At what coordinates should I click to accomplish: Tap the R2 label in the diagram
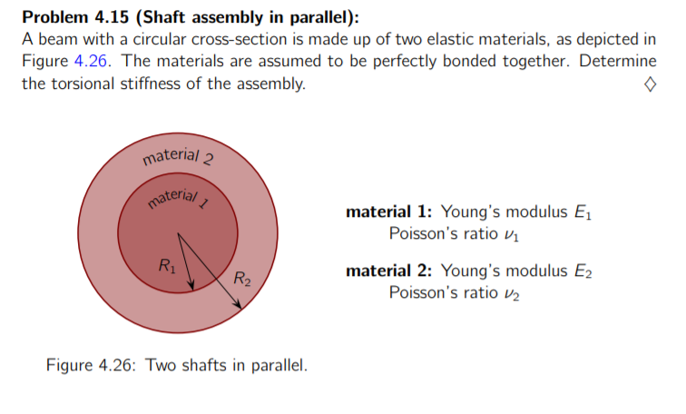click(x=241, y=278)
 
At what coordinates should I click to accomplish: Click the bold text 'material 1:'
click(x=389, y=212)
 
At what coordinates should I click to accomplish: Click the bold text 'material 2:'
click(x=389, y=271)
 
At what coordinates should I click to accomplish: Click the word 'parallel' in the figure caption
click(x=277, y=367)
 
